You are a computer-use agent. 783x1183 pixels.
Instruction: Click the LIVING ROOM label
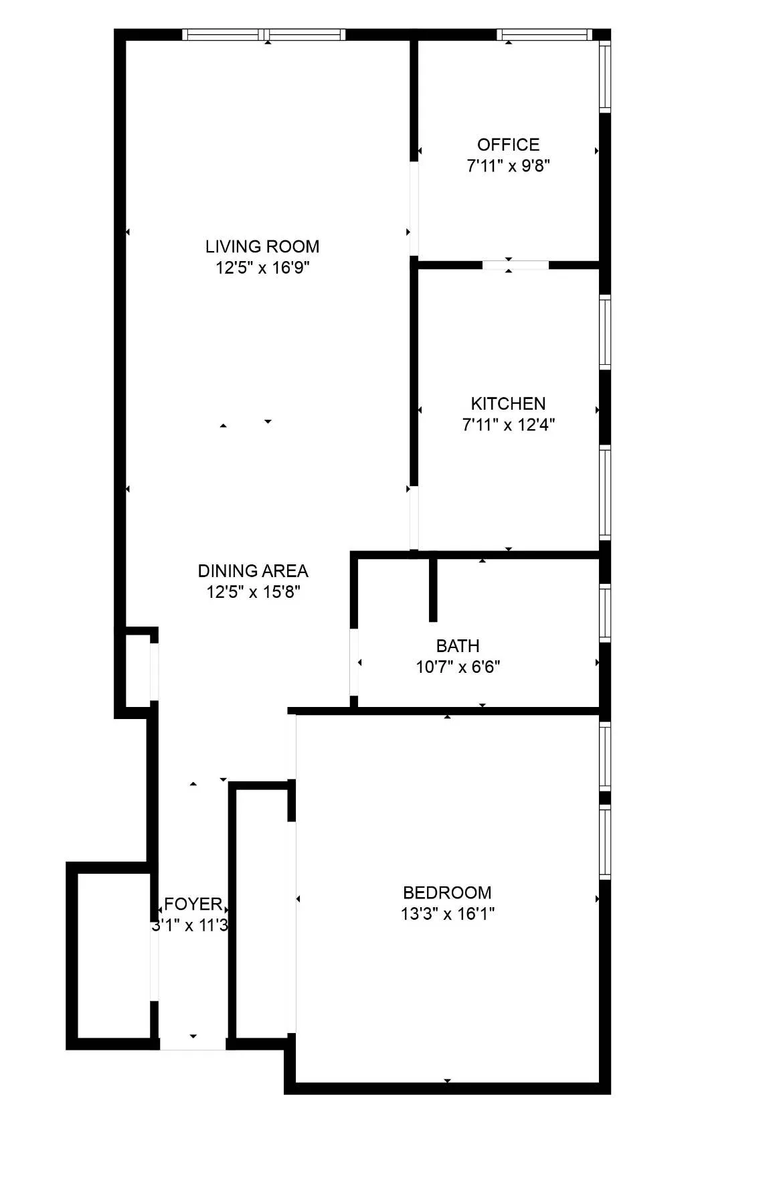[x=262, y=246]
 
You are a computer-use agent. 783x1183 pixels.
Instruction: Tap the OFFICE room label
[x=508, y=145]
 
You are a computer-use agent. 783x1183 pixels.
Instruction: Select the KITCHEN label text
[x=508, y=404]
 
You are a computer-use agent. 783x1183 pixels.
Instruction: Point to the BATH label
[x=458, y=646]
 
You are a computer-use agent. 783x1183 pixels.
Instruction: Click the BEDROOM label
[x=447, y=892]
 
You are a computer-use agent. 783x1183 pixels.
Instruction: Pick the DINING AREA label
[x=253, y=571]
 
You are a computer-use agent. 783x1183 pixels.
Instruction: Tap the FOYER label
[x=193, y=904]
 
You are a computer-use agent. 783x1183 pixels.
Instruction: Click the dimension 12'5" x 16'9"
[x=262, y=268]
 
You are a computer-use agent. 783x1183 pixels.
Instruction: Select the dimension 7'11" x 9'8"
[x=508, y=166]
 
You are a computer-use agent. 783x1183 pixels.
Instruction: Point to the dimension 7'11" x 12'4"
[x=508, y=424]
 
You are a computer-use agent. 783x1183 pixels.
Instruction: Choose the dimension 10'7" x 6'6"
[x=458, y=667]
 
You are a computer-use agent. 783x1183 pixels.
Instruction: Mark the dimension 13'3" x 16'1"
[x=447, y=914]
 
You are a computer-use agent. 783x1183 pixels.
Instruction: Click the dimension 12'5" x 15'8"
[x=253, y=592]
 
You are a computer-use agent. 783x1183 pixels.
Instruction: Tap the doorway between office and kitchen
[x=515, y=265]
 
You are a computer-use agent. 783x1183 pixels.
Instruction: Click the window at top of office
[x=544, y=35]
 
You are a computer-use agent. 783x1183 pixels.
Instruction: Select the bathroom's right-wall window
[x=605, y=613]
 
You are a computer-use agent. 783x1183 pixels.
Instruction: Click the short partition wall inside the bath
[x=433, y=589]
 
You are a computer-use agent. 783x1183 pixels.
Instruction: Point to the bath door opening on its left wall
[x=354, y=662]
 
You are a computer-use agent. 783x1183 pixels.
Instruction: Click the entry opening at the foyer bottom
[x=193, y=1044]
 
